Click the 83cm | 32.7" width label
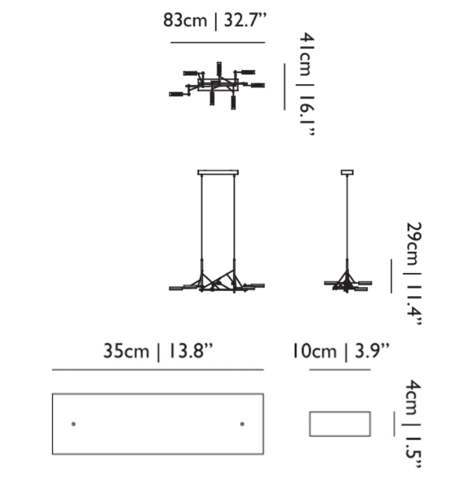click(x=215, y=20)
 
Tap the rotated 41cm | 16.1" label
click(x=307, y=84)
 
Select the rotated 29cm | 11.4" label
click(x=413, y=274)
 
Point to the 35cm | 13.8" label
click(x=158, y=352)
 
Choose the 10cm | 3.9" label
click(x=340, y=352)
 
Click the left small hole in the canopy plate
click(x=74, y=424)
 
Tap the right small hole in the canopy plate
click(x=242, y=424)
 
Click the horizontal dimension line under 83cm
click(x=218, y=42)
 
